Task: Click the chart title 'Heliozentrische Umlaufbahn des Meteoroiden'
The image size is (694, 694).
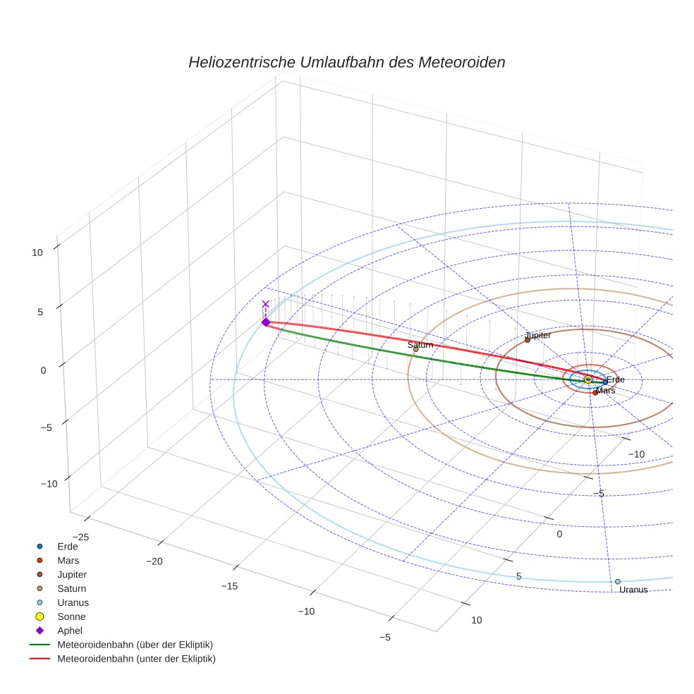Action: click(346, 62)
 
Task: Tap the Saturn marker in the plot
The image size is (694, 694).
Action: click(415, 349)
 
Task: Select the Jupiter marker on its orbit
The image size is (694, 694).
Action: click(527, 340)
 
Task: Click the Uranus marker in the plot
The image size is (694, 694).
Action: click(618, 582)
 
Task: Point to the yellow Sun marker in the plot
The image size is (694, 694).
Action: click(588, 379)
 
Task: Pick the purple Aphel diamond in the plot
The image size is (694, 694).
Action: click(266, 322)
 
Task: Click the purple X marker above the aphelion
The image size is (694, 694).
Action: click(266, 304)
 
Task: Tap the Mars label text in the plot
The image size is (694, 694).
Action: click(605, 390)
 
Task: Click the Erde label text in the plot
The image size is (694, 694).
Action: click(615, 380)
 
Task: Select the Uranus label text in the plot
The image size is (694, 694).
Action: click(633, 590)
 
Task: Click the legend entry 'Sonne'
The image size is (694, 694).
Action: click(71, 616)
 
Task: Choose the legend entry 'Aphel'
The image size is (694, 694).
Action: click(71, 631)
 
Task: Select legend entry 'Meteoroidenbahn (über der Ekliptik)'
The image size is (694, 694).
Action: click(135, 645)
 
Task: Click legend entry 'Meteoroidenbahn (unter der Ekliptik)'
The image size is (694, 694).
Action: click(136, 659)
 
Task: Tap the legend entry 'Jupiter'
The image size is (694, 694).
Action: click(72, 574)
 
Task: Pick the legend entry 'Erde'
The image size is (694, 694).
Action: click(67, 546)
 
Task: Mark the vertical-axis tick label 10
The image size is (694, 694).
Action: click(37, 252)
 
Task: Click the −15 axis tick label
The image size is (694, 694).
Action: click(231, 586)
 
